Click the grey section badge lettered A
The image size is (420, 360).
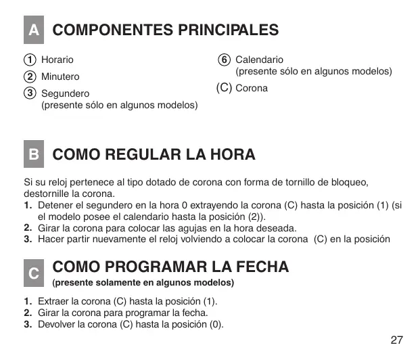tap(32, 30)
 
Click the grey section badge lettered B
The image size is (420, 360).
tap(32, 154)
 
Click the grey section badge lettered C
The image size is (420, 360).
tap(32, 272)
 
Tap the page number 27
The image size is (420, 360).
tap(397, 339)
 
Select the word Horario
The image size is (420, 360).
tap(57, 60)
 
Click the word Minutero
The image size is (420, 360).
tap(60, 76)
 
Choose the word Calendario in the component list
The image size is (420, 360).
tap(259, 60)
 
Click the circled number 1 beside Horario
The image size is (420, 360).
tap(30, 60)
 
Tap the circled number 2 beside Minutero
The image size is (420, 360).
tap(30, 76)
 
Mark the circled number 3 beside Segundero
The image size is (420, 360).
tap(30, 93)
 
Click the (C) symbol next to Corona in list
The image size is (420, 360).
tap(224, 88)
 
